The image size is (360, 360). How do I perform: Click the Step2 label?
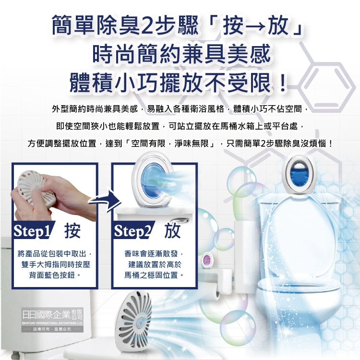point(132,231)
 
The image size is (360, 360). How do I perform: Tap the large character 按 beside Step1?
point(72,231)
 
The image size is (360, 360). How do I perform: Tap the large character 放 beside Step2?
point(172,231)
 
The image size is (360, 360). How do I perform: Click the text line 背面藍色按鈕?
point(55,276)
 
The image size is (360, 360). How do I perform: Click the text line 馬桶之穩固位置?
point(155,276)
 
